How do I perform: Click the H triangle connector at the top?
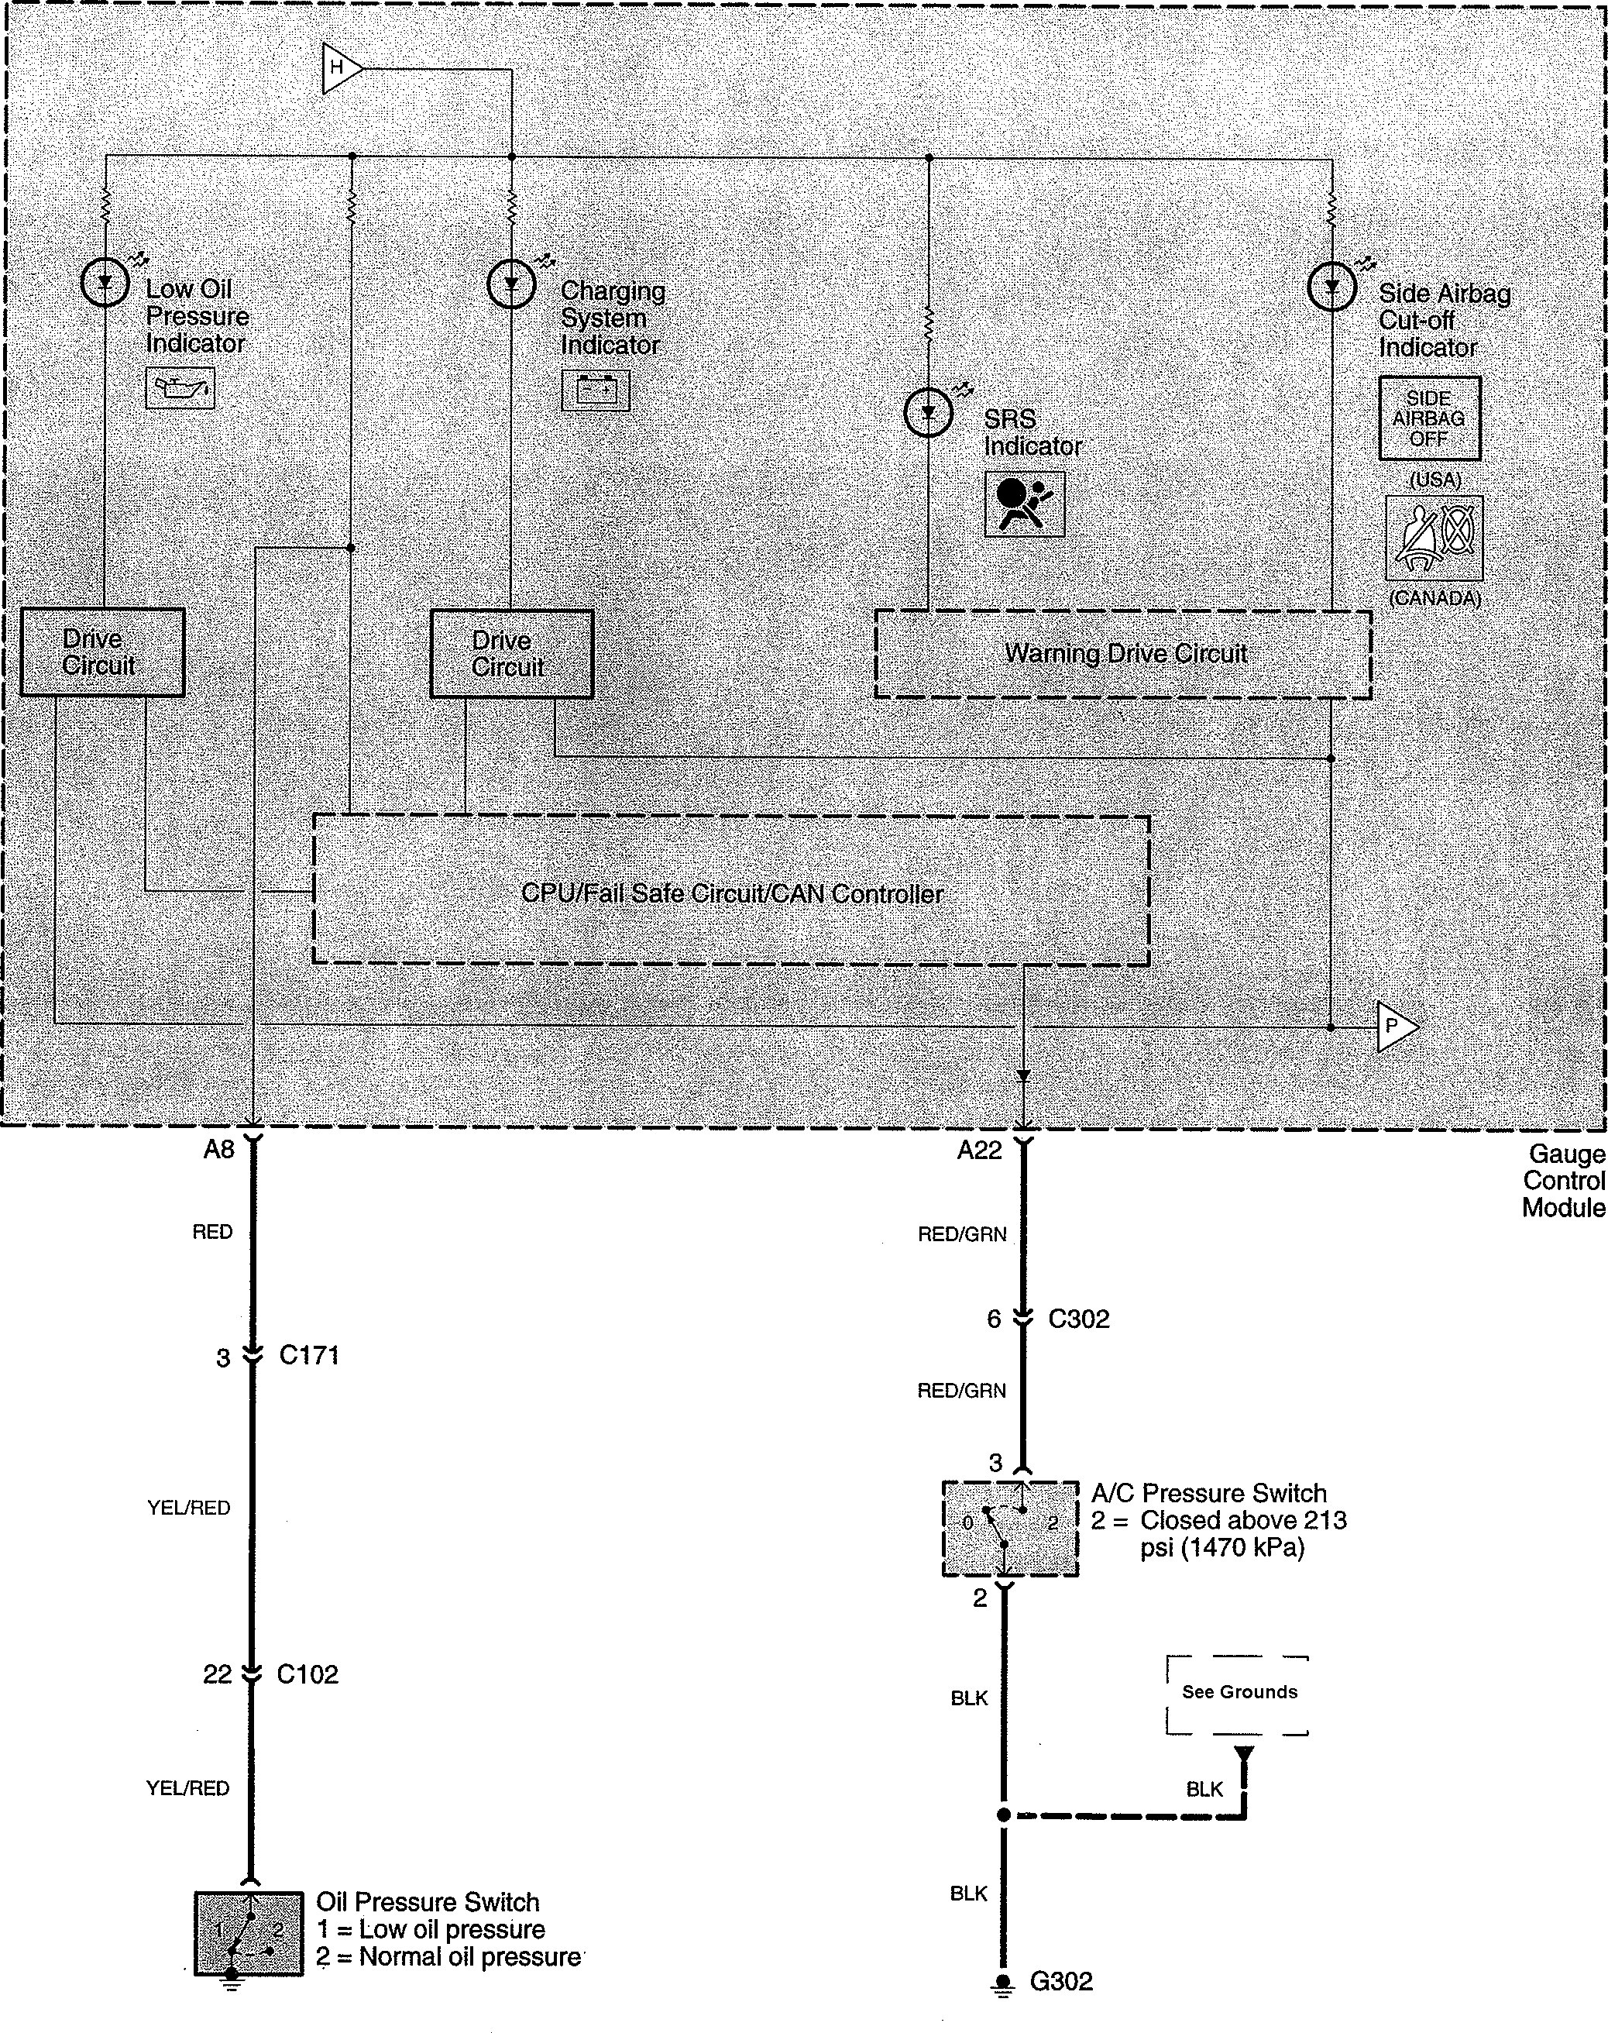[x=340, y=68]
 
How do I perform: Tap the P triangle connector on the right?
[x=1394, y=1027]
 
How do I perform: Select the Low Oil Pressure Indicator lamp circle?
[x=105, y=281]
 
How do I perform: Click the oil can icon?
[x=180, y=388]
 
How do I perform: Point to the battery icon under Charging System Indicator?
[x=595, y=390]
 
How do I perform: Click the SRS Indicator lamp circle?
[x=927, y=412]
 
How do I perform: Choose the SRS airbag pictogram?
[x=1024, y=504]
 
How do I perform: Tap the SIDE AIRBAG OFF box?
[x=1429, y=418]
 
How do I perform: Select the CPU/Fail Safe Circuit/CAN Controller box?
[x=730, y=891]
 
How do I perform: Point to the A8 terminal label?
[x=218, y=1150]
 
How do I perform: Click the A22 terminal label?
[x=979, y=1150]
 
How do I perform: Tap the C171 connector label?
[x=309, y=1355]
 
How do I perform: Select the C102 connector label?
[x=307, y=1674]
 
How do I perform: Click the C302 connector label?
[x=1079, y=1319]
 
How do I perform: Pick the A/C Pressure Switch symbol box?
[x=1010, y=1529]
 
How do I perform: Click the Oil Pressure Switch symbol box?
[x=249, y=1933]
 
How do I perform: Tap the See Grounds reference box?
[x=1238, y=1692]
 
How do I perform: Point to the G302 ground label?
[x=1061, y=1982]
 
